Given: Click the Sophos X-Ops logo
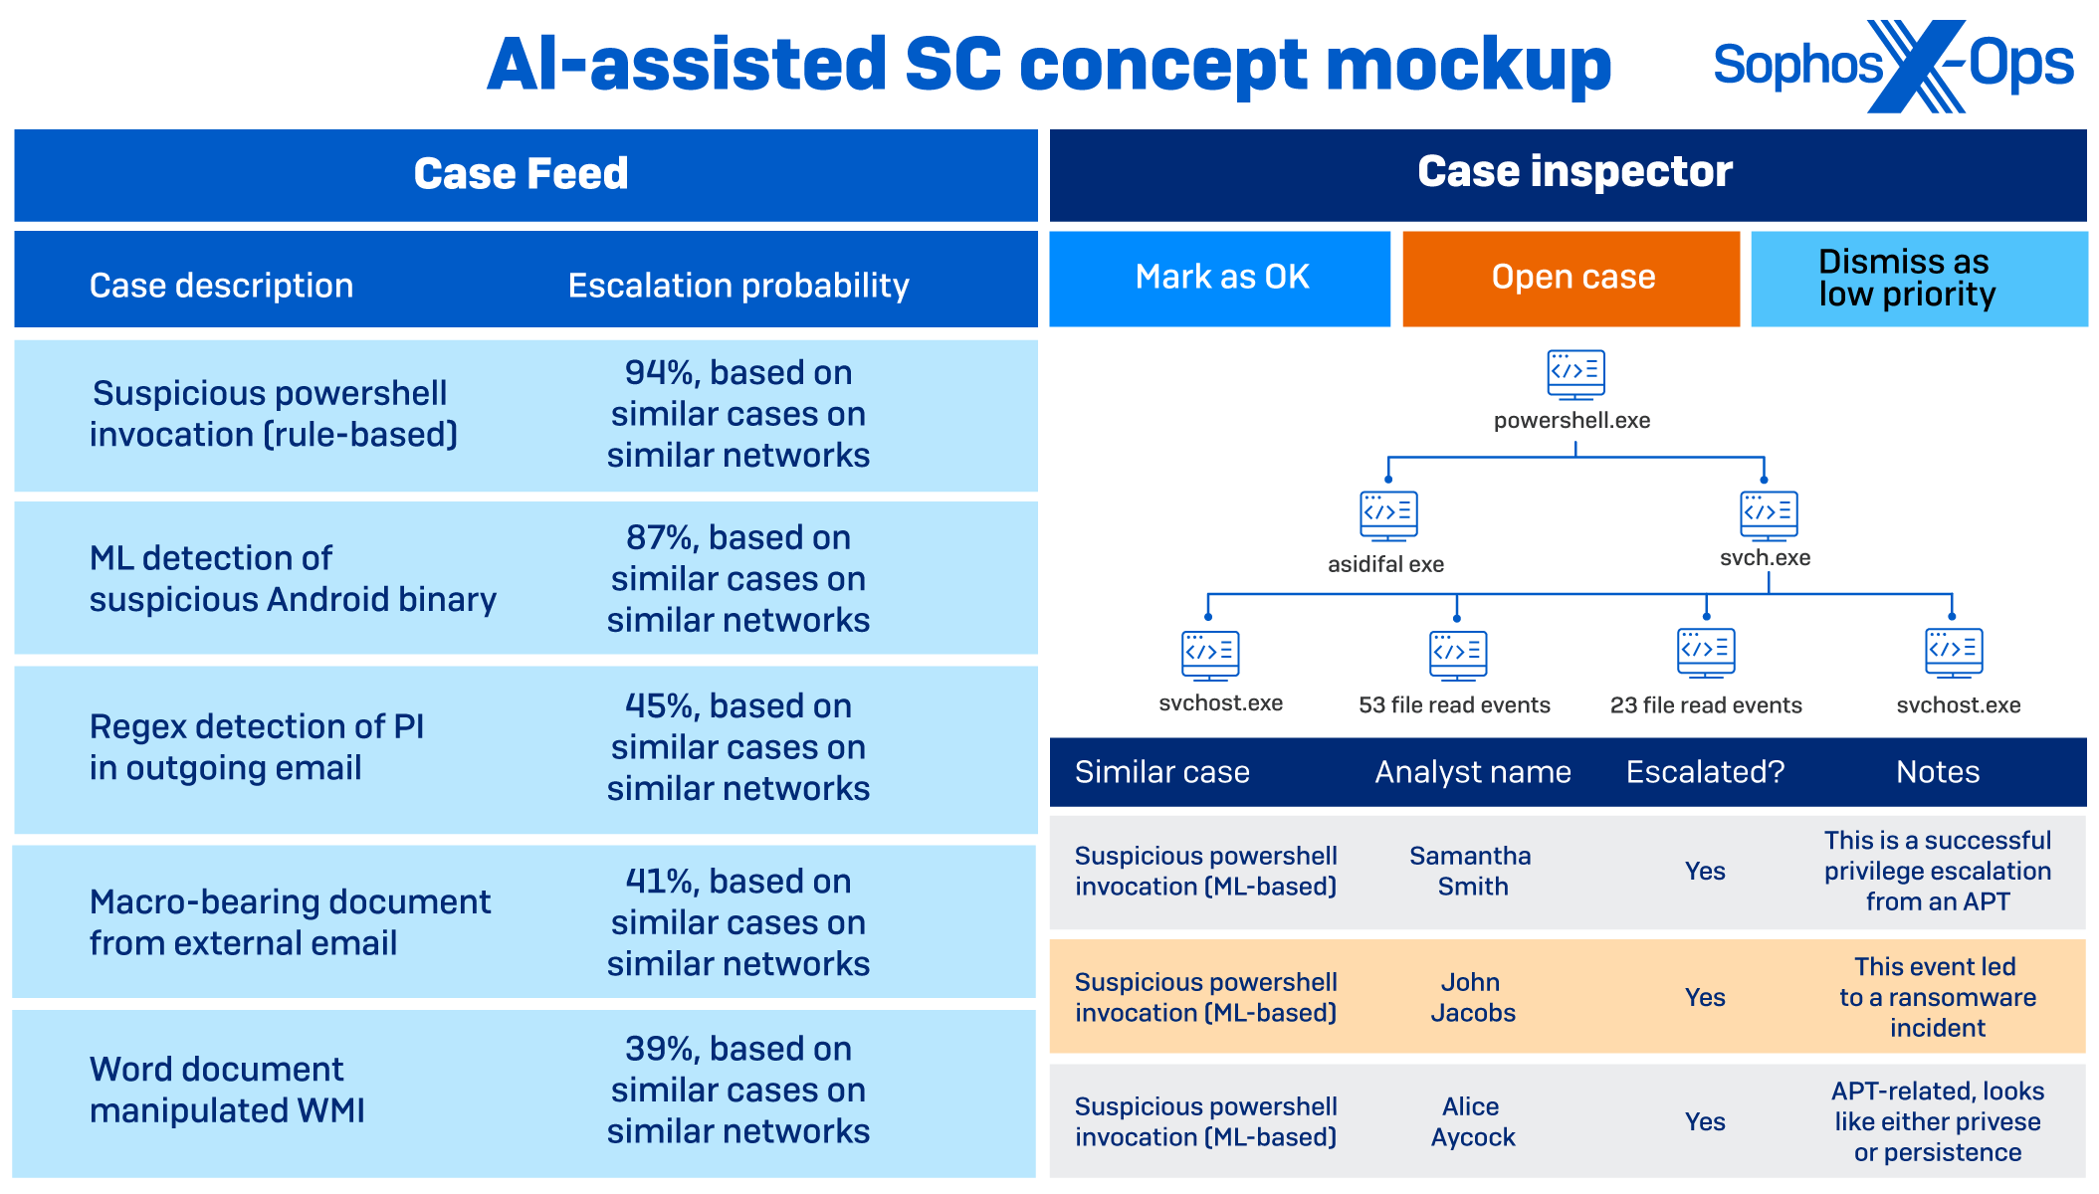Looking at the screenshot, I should [1893, 66].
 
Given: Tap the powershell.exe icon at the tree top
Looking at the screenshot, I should [1575, 374].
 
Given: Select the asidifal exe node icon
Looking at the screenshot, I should [1388, 515].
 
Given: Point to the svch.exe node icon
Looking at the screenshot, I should [1768, 515].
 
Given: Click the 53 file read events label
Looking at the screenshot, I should [1454, 705].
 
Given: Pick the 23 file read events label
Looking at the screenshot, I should [1706, 705].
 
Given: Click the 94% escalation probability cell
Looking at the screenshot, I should [737, 414].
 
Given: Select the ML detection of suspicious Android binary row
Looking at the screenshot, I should [293, 579].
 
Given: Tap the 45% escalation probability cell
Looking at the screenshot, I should [737, 747].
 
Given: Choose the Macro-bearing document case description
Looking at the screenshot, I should [290, 922].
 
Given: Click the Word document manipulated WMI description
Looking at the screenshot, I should [227, 1090].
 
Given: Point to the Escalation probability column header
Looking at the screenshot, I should [737, 287].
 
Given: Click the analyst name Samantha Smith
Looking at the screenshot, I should [1471, 871].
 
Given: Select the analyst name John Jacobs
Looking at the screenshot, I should [1472, 997].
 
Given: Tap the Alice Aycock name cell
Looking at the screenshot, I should [1472, 1121].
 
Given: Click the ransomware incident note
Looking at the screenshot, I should [1937, 997].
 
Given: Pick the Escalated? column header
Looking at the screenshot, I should [1705, 772].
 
